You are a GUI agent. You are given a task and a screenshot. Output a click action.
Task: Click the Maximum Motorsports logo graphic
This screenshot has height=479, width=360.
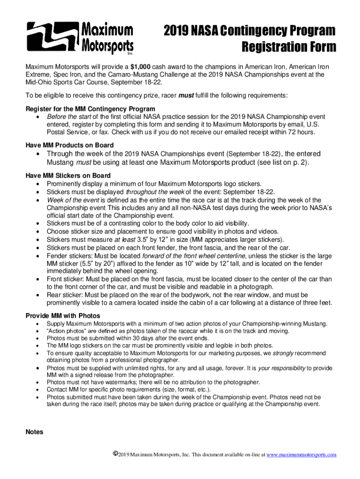pos(80,38)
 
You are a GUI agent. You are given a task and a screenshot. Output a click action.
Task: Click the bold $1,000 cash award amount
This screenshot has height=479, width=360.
pos(141,66)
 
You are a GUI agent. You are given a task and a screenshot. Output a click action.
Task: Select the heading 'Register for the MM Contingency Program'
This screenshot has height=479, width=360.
pos(90,109)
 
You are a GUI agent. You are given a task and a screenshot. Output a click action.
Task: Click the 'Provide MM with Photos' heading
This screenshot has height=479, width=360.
pos(63,316)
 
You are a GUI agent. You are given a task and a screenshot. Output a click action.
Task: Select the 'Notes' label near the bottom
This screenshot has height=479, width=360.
pos(34,432)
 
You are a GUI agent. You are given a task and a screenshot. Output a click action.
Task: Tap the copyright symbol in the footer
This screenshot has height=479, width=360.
pos(115,454)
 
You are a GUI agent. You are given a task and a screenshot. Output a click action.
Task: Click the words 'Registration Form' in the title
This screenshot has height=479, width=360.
pos(288,47)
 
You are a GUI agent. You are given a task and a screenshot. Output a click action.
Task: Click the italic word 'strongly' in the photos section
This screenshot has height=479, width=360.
pos(282,353)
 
